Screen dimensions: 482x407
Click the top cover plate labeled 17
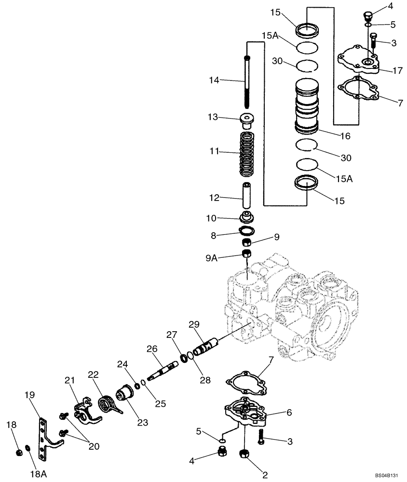pyautogui.click(x=358, y=61)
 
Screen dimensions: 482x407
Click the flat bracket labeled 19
pyautogui.click(x=47, y=436)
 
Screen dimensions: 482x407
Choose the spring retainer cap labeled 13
pyautogui.click(x=247, y=120)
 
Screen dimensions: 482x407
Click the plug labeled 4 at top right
pyautogui.click(x=367, y=15)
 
